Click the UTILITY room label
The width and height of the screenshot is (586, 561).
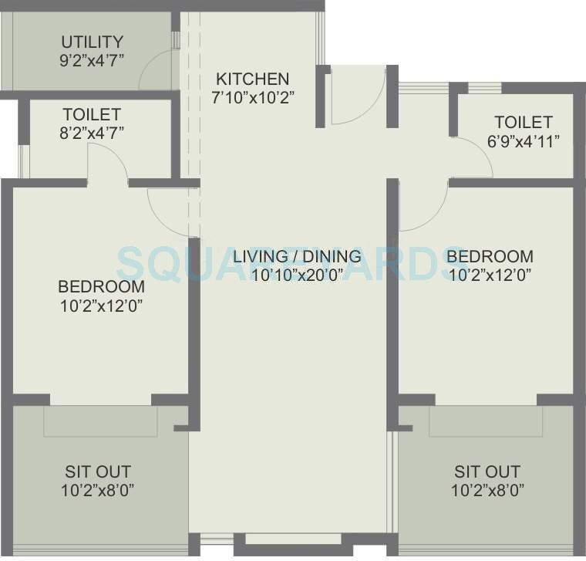92,42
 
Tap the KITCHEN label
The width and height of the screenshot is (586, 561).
253,79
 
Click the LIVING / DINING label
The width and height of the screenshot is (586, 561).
298,256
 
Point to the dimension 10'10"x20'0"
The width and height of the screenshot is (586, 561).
298,275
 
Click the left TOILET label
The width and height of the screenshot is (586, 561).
92,114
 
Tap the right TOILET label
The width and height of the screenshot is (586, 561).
524,122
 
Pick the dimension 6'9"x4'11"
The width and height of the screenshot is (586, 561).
524,140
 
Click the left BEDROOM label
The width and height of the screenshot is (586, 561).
101,286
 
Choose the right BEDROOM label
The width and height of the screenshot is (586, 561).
490,256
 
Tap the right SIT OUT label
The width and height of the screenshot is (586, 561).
487,471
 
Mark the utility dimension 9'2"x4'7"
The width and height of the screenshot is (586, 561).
92,59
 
